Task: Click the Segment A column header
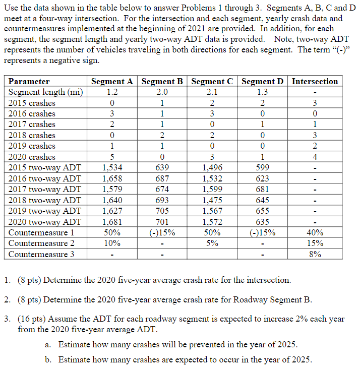(x=112, y=81)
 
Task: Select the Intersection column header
(x=315, y=81)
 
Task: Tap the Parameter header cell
(x=29, y=81)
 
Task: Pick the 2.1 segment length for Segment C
(x=212, y=92)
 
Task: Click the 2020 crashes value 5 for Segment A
(x=112, y=157)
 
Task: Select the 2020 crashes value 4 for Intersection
(x=315, y=157)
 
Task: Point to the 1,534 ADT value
(x=112, y=168)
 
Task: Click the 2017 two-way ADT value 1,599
(x=212, y=190)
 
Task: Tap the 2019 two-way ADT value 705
(x=162, y=211)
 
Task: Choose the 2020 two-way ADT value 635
(x=263, y=222)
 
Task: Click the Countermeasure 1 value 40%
(x=315, y=233)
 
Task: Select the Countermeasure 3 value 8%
(x=315, y=255)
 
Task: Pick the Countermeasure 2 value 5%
(x=212, y=243)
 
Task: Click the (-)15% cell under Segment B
(x=162, y=233)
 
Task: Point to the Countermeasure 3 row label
(x=41, y=255)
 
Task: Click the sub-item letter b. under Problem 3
(x=48, y=359)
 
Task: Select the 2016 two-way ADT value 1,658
(x=112, y=178)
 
